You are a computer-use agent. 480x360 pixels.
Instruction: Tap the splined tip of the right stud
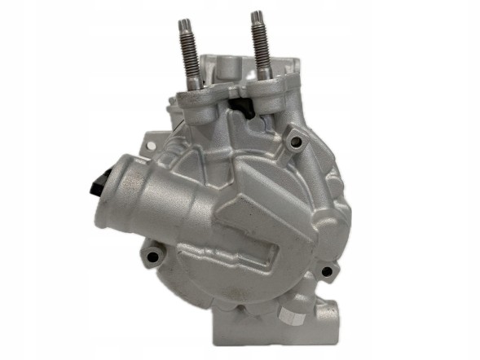click(x=258, y=20)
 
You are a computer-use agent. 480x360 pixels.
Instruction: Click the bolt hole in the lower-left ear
click(x=149, y=259)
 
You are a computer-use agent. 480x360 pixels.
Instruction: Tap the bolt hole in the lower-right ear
click(x=325, y=271)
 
